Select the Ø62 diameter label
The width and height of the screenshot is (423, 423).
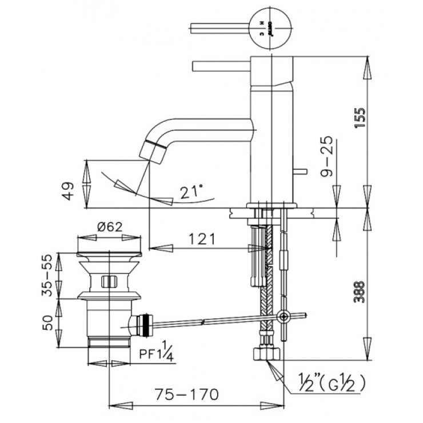(108, 226)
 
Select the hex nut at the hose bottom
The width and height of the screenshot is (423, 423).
(265, 353)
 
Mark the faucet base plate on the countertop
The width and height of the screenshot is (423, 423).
(272, 205)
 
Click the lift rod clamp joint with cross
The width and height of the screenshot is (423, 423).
(283, 316)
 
